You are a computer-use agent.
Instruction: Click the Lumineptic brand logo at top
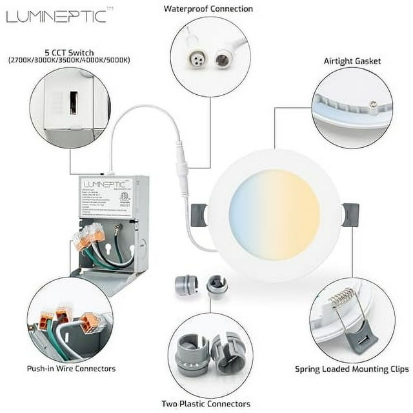tap(56, 16)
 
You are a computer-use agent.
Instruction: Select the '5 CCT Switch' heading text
tap(69, 52)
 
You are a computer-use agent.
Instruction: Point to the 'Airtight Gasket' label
tap(352, 61)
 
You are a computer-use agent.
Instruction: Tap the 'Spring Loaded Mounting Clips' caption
tap(352, 369)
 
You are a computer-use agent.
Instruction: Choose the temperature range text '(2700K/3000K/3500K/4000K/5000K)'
tap(69, 60)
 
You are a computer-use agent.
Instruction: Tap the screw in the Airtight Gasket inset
tap(372, 102)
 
